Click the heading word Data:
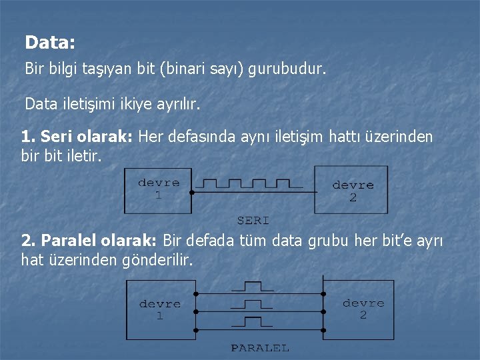pos(50,43)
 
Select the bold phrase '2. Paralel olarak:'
pos(89,241)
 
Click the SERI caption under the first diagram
pos(253,219)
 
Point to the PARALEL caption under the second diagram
pos(260,347)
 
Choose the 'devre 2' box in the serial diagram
pos(352,190)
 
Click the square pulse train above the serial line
pos(247,183)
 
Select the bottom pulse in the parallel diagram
pos(252,323)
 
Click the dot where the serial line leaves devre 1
pos(191,193)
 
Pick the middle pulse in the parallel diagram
pos(252,305)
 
